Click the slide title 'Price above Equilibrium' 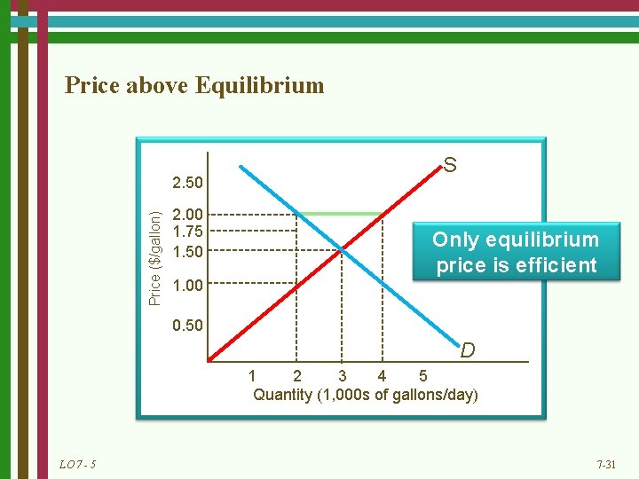pyautogui.click(x=194, y=86)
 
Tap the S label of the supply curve pyautogui.click(x=450, y=165)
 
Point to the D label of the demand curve pyautogui.click(x=468, y=351)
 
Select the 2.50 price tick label pyautogui.click(x=188, y=184)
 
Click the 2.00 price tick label pyautogui.click(x=188, y=214)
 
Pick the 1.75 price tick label pyautogui.click(x=188, y=232)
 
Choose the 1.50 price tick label pyautogui.click(x=188, y=252)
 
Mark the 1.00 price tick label pyautogui.click(x=188, y=286)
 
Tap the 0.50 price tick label pyautogui.click(x=188, y=326)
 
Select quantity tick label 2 pyautogui.click(x=297, y=376)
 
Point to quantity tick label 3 pyautogui.click(x=343, y=376)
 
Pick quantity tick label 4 pyautogui.click(x=382, y=376)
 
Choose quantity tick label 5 pyautogui.click(x=422, y=376)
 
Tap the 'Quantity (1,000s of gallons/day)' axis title pyautogui.click(x=366, y=395)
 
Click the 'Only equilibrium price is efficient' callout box pyautogui.click(x=516, y=252)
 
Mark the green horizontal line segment pyautogui.click(x=340, y=214)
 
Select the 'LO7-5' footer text pyautogui.click(x=79, y=465)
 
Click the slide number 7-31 pyautogui.click(x=606, y=465)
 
